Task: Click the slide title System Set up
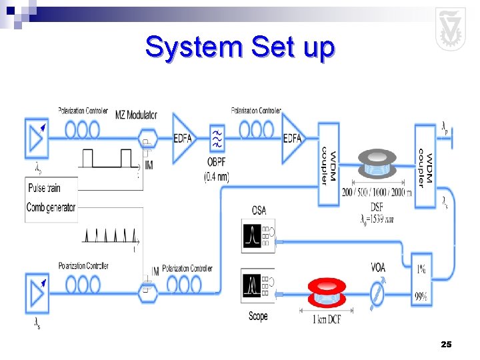[240, 47]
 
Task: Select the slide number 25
[446, 344]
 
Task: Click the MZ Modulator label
[136, 115]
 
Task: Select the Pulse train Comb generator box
[51, 198]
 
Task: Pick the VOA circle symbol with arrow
[377, 293]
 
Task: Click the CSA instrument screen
[252, 236]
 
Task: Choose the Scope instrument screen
[252, 286]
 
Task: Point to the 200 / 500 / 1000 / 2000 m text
[377, 193]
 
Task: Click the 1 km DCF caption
[327, 319]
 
